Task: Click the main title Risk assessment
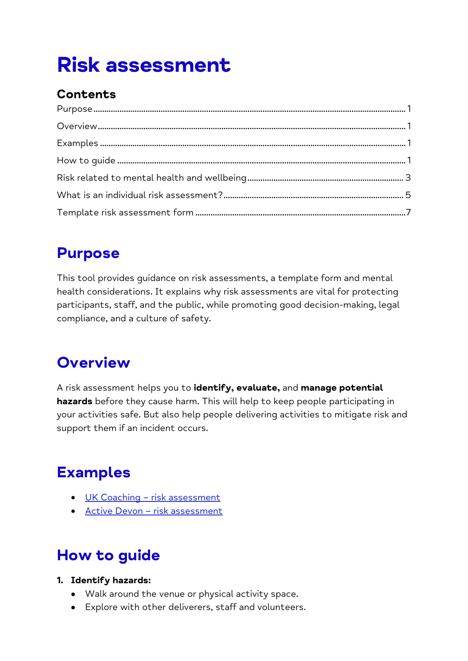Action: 144,65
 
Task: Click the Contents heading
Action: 86,94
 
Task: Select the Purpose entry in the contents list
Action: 75,109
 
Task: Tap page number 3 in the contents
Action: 408,178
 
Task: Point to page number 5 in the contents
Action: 408,195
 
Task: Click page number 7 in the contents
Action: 408,212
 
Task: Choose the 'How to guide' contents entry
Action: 86,160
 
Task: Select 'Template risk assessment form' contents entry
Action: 125,212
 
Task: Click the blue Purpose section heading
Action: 88,253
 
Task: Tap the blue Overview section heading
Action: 93,362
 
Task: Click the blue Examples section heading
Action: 94,472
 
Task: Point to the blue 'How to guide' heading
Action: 108,555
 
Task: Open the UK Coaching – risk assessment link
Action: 152,497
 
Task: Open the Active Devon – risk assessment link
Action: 154,511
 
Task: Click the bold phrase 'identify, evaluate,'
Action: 237,388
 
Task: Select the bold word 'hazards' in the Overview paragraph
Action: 75,401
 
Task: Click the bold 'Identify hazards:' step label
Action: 111,580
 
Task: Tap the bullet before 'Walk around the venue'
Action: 73,594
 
